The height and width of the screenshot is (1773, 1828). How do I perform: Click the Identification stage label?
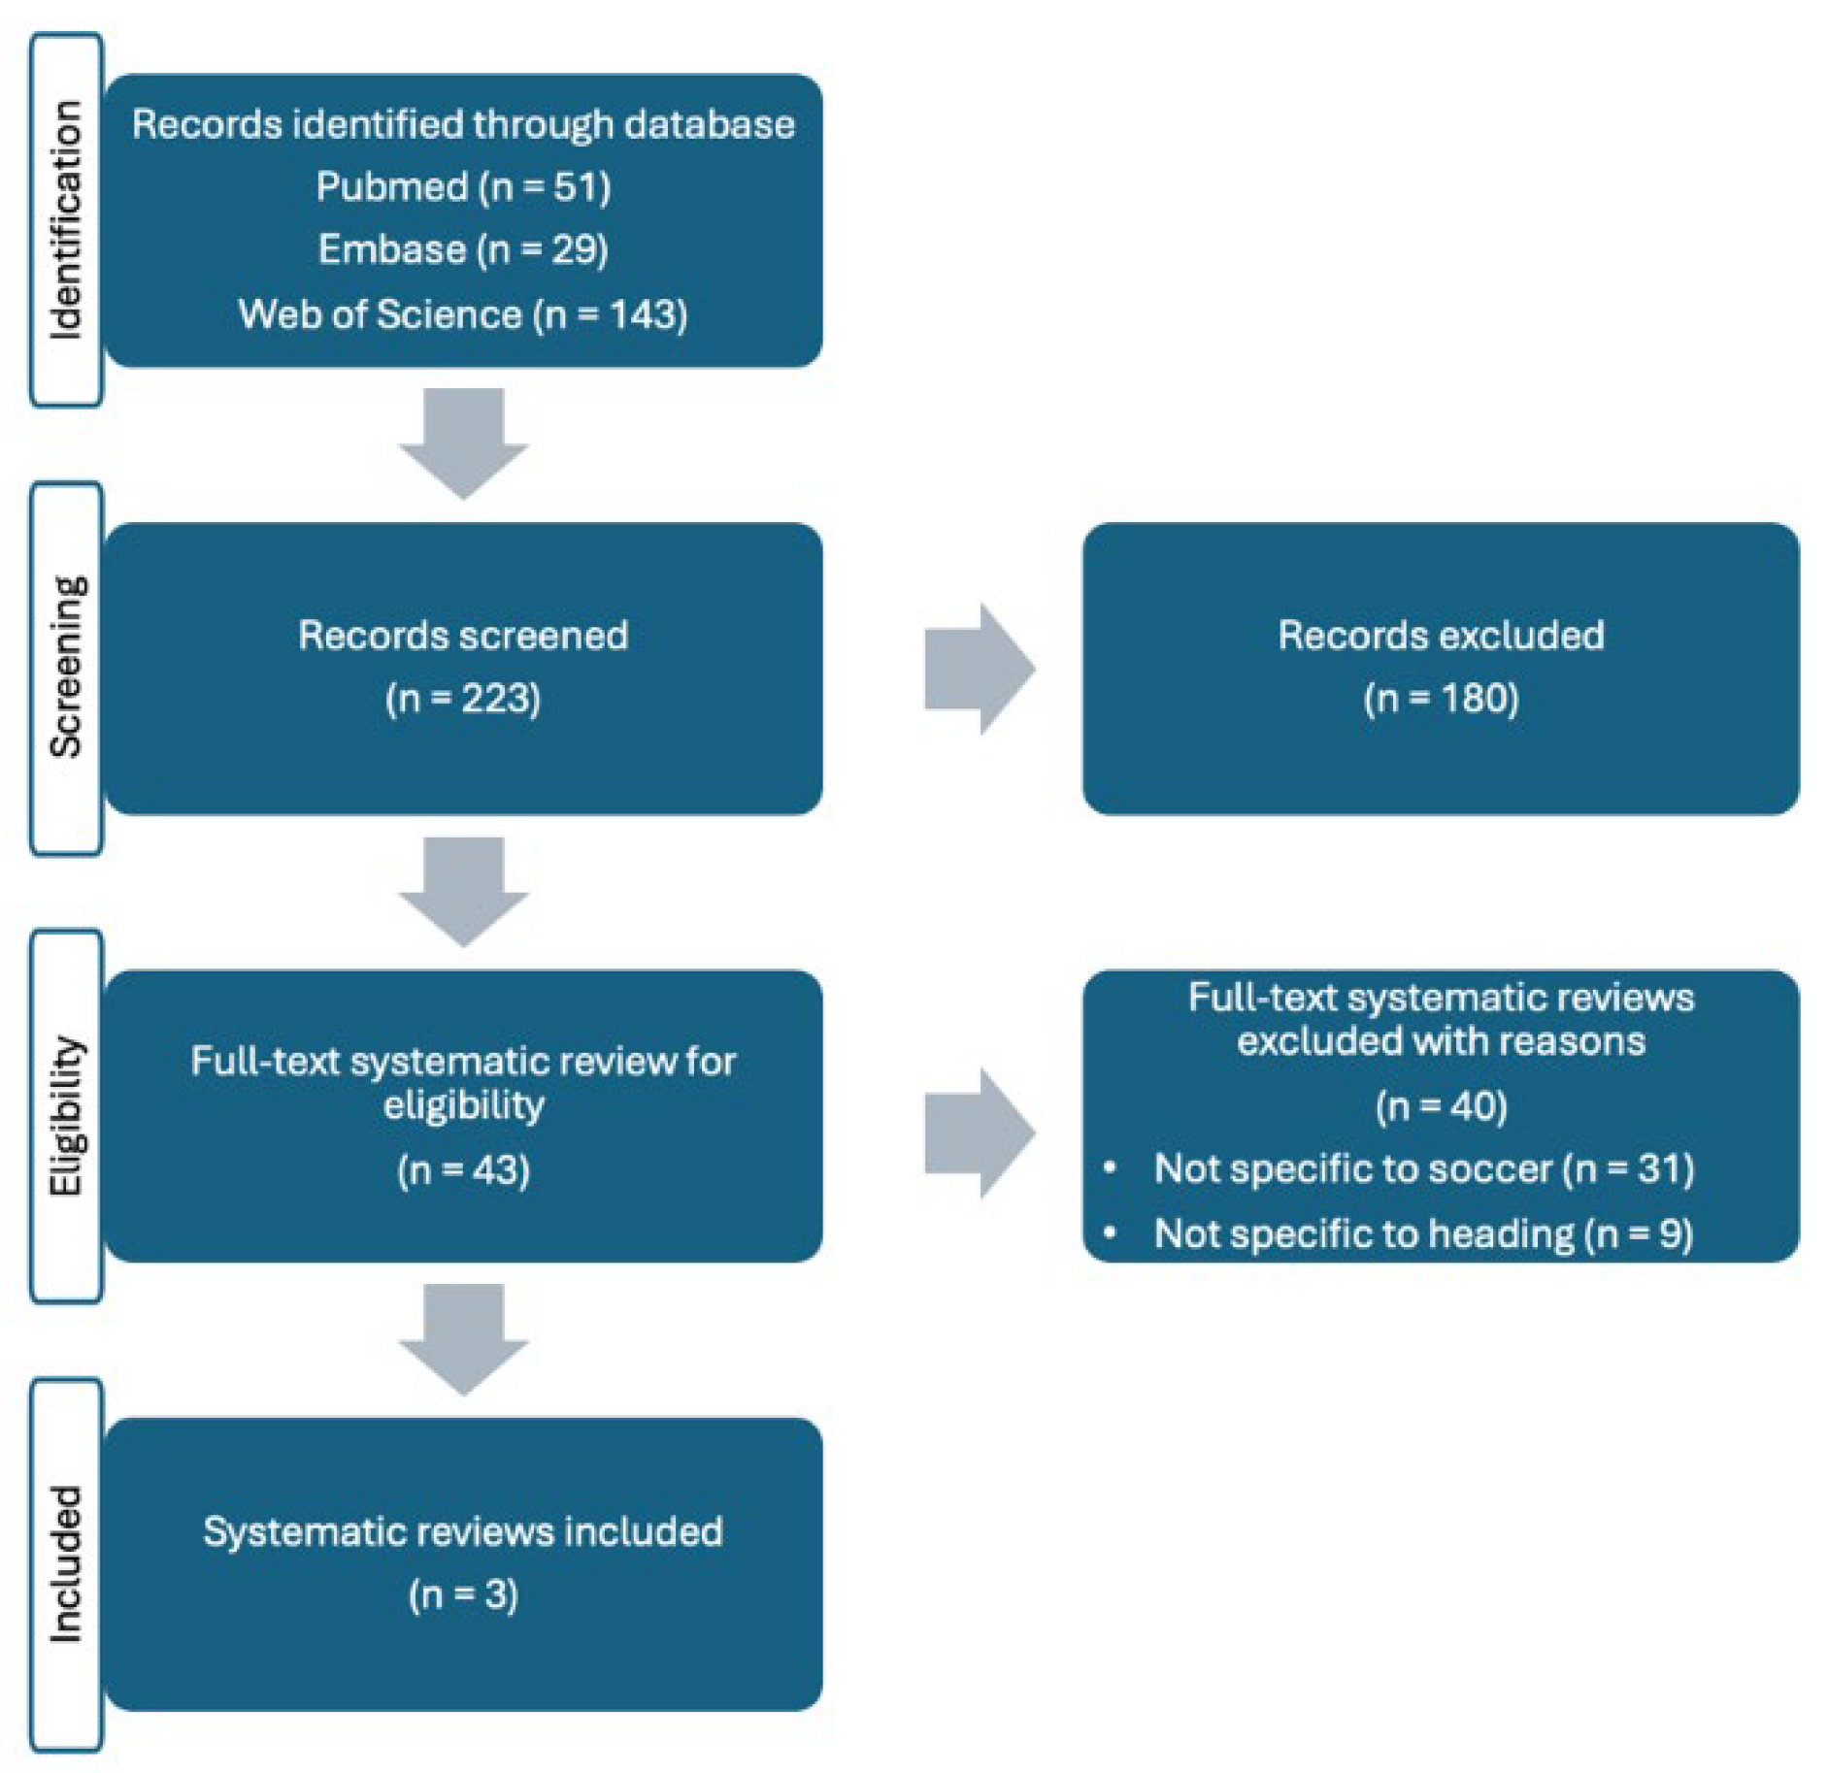click(x=66, y=220)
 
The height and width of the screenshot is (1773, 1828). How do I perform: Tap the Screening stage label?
click(x=66, y=668)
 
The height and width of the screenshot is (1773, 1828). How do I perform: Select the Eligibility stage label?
click(x=66, y=1116)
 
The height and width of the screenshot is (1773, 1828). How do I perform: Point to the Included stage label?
click(x=66, y=1564)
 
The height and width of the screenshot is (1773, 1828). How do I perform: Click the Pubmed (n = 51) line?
click(x=463, y=186)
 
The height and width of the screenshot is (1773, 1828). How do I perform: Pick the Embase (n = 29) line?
click(x=463, y=249)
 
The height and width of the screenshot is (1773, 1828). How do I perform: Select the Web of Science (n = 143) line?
click(x=463, y=314)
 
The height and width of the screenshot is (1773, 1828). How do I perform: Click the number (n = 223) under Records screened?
click(x=463, y=698)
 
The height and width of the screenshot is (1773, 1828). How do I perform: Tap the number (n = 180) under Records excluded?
click(x=1441, y=698)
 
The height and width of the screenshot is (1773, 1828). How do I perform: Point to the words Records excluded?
click(x=1441, y=636)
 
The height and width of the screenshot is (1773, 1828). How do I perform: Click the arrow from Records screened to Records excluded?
click(x=979, y=668)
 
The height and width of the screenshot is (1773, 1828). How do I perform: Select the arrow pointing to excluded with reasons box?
click(x=979, y=1133)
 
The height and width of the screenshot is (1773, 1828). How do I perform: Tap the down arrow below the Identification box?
click(x=464, y=443)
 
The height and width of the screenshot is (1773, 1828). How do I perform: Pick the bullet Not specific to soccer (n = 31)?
click(x=1423, y=1168)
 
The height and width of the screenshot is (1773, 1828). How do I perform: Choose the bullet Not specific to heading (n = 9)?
click(x=1423, y=1233)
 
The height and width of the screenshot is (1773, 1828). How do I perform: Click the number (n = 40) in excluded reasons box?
click(x=1441, y=1105)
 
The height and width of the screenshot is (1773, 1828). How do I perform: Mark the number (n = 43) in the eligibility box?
click(x=463, y=1169)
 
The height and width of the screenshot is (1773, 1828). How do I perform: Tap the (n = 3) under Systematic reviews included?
click(x=463, y=1594)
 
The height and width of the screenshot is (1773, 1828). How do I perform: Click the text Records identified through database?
click(x=463, y=124)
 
